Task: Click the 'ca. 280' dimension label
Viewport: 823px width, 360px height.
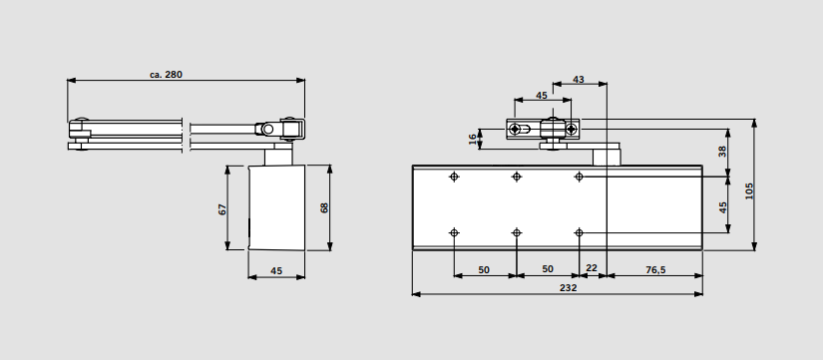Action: [166, 75]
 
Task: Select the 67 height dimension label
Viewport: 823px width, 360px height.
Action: [222, 209]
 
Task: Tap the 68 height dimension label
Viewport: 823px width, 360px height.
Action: [324, 207]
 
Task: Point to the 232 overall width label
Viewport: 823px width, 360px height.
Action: [568, 287]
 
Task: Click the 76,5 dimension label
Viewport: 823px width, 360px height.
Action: [655, 269]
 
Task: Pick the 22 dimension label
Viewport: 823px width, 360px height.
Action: [592, 268]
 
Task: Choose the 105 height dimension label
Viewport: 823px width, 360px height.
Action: [749, 191]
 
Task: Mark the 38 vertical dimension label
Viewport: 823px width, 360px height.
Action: [723, 152]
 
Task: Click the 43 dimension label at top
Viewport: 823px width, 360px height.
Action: [578, 80]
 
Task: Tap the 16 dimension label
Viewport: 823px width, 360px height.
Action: [473, 139]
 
